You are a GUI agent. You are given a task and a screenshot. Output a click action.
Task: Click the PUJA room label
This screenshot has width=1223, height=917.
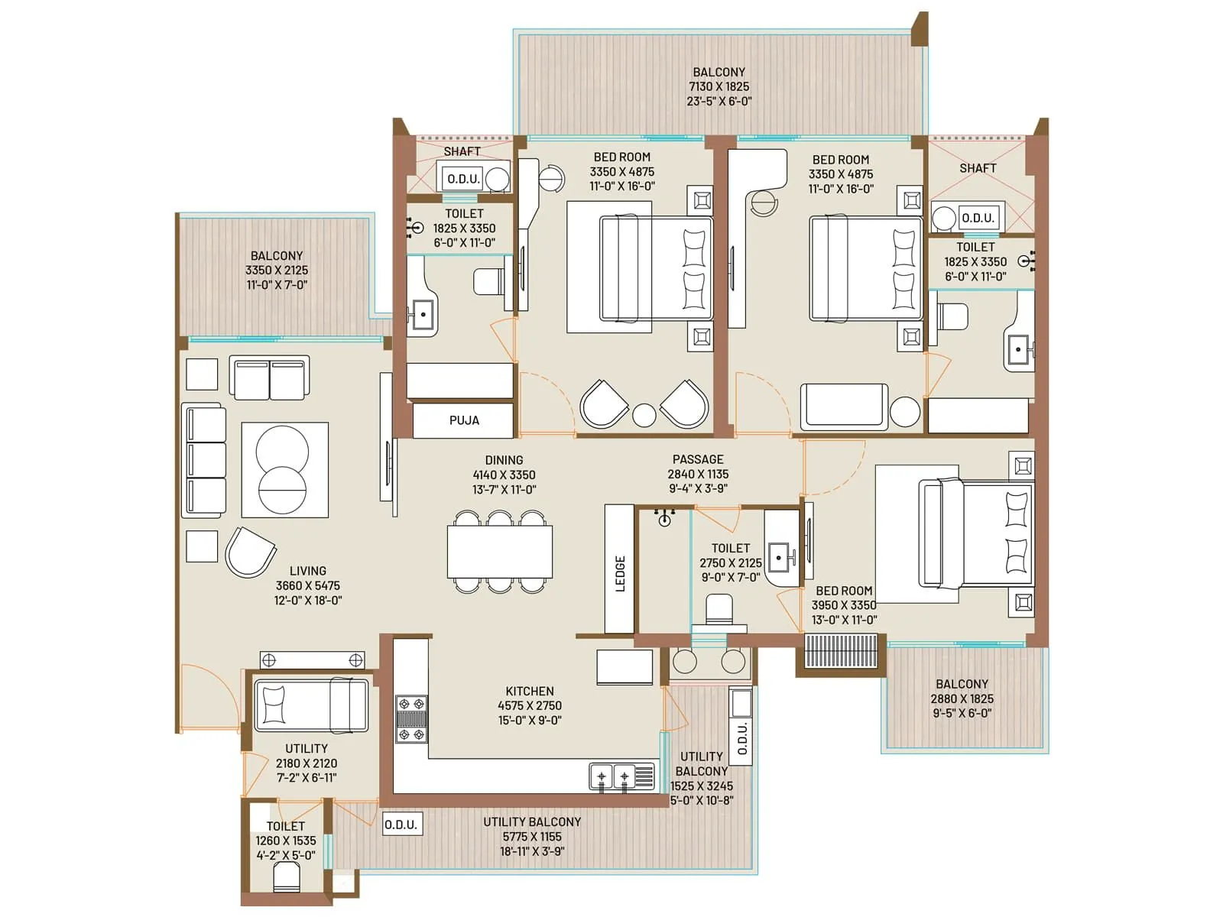click(x=464, y=420)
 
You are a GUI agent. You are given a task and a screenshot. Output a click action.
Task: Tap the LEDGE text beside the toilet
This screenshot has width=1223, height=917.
click(x=620, y=573)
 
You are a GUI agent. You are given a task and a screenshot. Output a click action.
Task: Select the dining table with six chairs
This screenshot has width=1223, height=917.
click(x=500, y=551)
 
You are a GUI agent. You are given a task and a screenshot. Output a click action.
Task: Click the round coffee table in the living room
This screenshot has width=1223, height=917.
click(x=282, y=470)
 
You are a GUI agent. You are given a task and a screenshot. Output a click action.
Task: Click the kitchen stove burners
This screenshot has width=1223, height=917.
click(x=411, y=719)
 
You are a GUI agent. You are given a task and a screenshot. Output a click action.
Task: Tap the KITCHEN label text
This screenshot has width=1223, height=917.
click(x=529, y=691)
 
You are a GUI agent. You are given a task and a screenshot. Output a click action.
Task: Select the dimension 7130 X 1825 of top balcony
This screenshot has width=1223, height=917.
click(x=719, y=86)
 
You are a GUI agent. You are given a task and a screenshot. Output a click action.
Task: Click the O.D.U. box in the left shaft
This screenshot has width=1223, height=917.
click(x=463, y=179)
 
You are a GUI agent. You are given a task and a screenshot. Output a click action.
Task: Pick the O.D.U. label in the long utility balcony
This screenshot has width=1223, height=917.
click(x=401, y=825)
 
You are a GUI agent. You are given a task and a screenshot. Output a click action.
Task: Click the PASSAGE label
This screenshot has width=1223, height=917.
click(x=697, y=459)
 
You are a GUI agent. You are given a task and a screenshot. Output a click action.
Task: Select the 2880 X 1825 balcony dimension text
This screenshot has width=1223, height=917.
click(x=962, y=698)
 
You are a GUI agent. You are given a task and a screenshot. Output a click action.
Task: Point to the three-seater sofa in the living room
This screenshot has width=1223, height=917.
click(x=205, y=462)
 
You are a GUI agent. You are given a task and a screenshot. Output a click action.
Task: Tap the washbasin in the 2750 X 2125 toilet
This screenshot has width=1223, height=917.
click(x=780, y=556)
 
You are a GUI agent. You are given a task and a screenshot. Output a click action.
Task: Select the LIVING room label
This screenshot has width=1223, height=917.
click(x=308, y=571)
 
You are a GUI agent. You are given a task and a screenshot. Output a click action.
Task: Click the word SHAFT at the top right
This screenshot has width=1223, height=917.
click(x=978, y=168)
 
